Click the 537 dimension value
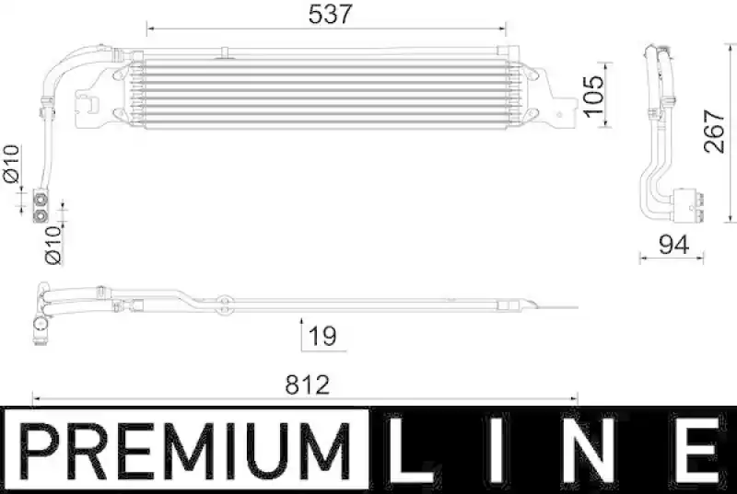pyautogui.click(x=330, y=14)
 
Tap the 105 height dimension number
pyautogui.click(x=593, y=96)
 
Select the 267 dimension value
pyautogui.click(x=715, y=132)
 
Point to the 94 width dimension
pyautogui.click(x=674, y=245)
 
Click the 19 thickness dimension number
pyautogui.click(x=322, y=336)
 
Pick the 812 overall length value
pyautogui.click(x=308, y=385)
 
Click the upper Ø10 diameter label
pyautogui.click(x=11, y=164)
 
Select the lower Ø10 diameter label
pyautogui.click(x=53, y=246)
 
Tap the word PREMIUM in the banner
pyautogui.click(x=185, y=451)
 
